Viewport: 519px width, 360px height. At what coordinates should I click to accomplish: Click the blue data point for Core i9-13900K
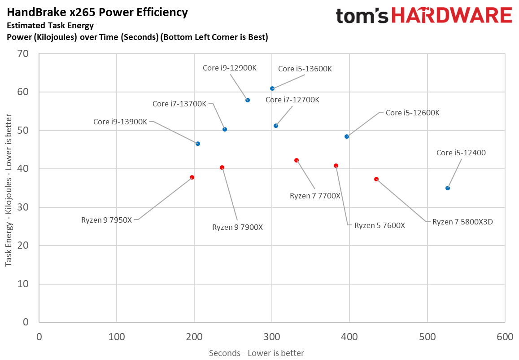(198, 144)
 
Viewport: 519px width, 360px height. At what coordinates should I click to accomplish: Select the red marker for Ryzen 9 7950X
(192, 177)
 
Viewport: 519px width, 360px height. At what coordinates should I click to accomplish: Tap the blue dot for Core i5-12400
(448, 188)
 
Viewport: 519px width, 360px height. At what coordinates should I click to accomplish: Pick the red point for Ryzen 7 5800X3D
(376, 179)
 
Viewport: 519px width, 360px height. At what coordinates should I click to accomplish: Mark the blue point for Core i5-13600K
(272, 88)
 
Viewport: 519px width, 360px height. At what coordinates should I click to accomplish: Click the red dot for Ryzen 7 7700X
(297, 160)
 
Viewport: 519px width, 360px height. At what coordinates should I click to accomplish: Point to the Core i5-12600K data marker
(347, 136)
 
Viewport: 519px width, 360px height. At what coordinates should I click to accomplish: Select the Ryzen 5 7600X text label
(379, 225)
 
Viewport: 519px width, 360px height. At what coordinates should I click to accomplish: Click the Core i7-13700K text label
(179, 104)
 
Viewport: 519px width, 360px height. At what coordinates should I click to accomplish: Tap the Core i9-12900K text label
(230, 68)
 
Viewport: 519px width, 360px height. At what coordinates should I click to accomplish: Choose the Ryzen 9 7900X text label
(237, 227)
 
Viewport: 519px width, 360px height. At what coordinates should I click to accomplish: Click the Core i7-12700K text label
(292, 100)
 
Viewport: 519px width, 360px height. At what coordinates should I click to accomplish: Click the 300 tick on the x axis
(271, 337)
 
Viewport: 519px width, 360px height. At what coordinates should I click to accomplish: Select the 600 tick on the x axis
(505, 337)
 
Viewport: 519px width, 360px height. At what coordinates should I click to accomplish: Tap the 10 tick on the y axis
(23, 284)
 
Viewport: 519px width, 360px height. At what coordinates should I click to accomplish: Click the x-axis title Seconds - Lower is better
(256, 353)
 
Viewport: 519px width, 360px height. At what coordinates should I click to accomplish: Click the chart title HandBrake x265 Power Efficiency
(97, 13)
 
